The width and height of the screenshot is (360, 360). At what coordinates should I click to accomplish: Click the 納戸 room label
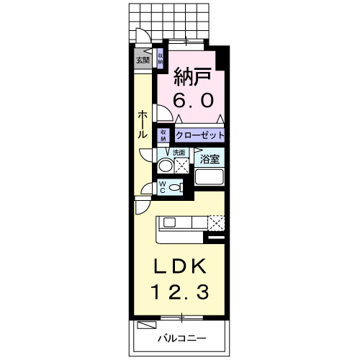pyautogui.click(x=193, y=75)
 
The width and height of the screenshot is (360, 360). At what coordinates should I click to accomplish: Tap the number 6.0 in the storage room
pyautogui.click(x=193, y=101)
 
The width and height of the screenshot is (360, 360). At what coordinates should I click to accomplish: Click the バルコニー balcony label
pyautogui.click(x=182, y=338)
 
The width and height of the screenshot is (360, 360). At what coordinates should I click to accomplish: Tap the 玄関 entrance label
pyautogui.click(x=142, y=60)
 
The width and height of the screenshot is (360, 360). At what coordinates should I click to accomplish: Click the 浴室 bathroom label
pyautogui.click(x=210, y=158)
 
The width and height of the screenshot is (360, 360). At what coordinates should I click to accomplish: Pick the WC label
pyautogui.click(x=163, y=187)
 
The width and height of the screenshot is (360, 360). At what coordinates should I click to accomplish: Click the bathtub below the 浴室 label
pyautogui.click(x=211, y=178)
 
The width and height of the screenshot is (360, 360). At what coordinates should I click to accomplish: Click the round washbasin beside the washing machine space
pyautogui.click(x=165, y=166)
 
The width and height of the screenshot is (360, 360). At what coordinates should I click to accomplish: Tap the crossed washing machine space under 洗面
pyautogui.click(x=182, y=166)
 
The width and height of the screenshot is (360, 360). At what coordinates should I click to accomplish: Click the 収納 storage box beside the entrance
pyautogui.click(x=160, y=58)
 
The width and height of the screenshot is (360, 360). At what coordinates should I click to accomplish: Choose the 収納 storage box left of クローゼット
pyautogui.click(x=164, y=135)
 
